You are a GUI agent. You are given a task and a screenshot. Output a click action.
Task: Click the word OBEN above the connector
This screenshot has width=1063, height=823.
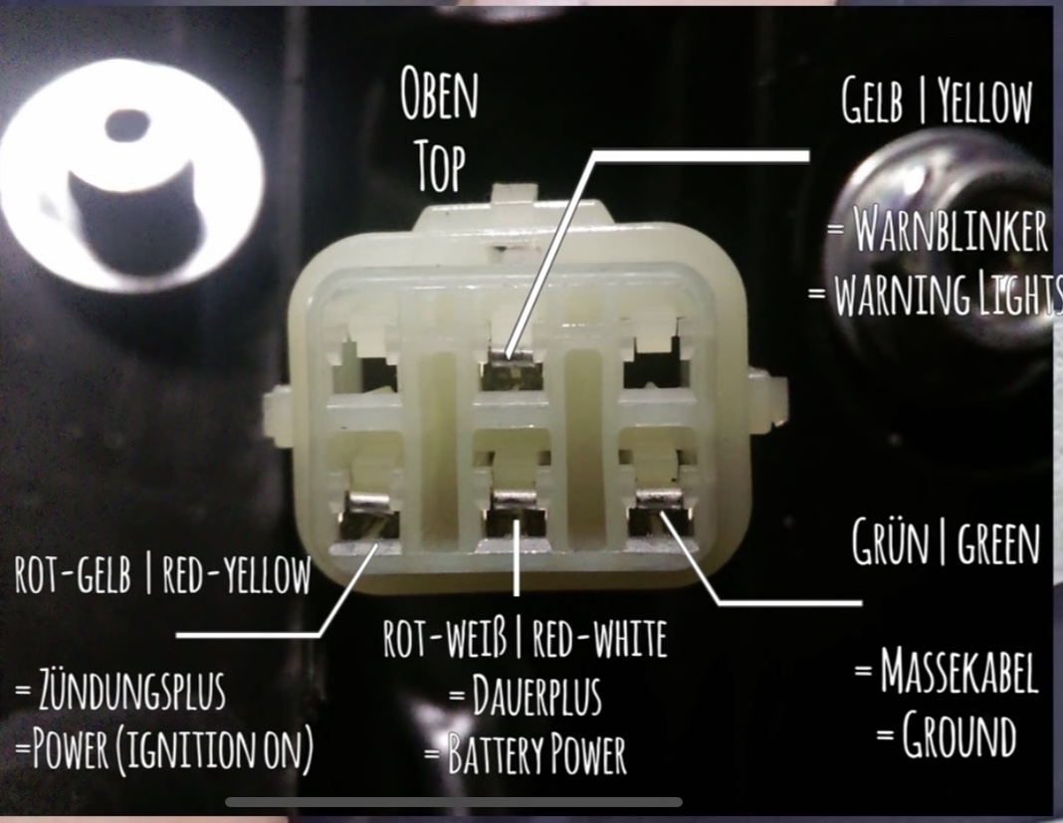pos(439,94)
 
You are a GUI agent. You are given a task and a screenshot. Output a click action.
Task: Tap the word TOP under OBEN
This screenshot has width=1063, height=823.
pos(441,165)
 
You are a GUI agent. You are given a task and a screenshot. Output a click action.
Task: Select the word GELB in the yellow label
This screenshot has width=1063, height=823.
pos(873,101)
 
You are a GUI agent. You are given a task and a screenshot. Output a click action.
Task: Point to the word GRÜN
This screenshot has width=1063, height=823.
pos(890,542)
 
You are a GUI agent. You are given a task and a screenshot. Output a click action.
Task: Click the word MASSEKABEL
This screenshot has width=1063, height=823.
pos(958,671)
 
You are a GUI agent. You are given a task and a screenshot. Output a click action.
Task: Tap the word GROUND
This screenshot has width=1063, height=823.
pos(958,734)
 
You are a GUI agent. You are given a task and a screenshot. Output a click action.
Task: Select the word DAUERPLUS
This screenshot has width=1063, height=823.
pos(536,696)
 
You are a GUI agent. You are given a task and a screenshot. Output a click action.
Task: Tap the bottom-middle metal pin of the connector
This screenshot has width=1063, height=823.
pos(517,512)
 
